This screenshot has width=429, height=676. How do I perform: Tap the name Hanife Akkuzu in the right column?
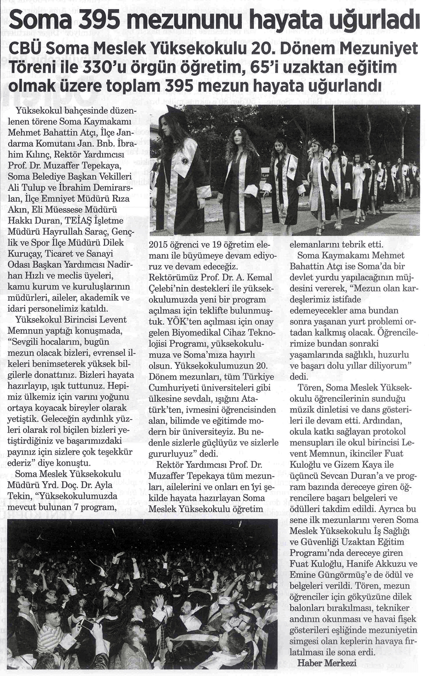(x=365, y=564)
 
